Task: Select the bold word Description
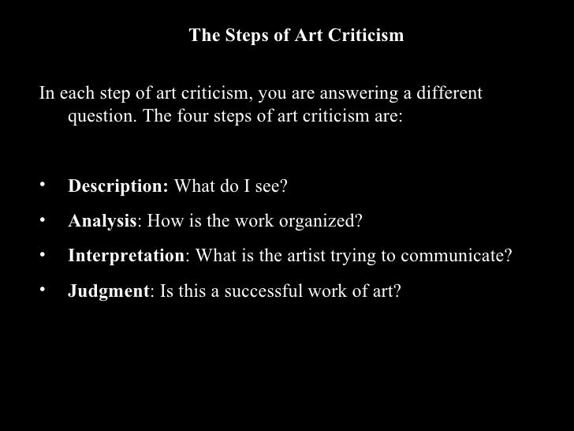tap(118, 188)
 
